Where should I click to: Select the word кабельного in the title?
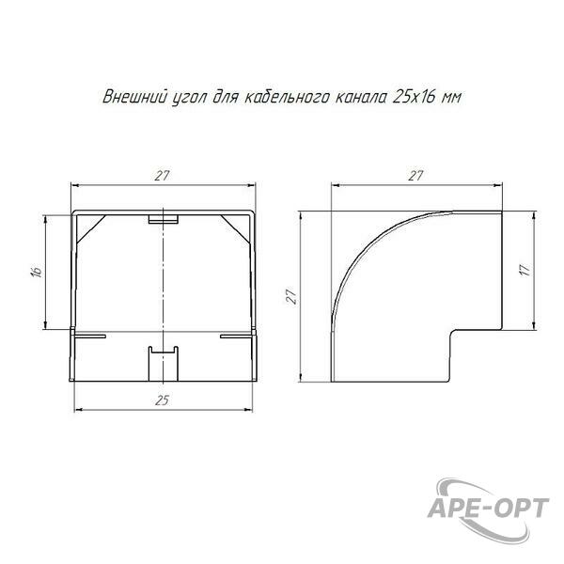(286, 97)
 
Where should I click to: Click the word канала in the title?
(361, 98)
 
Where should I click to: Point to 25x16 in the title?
(414, 97)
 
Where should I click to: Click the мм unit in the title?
(451, 98)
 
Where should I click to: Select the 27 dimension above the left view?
(163, 176)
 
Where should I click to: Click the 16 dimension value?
(37, 272)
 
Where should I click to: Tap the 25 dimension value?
(163, 400)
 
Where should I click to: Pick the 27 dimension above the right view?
(415, 176)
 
